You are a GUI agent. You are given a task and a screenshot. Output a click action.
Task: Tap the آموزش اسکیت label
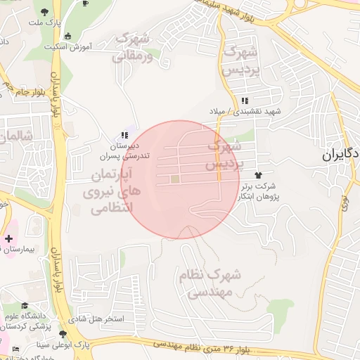[69, 47]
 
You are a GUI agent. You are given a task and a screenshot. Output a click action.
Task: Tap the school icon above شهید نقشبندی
[244, 101]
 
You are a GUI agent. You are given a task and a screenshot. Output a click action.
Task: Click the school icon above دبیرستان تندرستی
[125, 135]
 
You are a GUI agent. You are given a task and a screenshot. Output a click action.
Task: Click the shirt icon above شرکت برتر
[258, 174]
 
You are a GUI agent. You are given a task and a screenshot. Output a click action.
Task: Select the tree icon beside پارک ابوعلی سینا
[64, 335]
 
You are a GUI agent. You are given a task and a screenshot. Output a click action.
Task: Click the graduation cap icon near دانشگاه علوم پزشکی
[25, 306]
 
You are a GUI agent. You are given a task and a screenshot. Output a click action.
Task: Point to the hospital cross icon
[8, 239]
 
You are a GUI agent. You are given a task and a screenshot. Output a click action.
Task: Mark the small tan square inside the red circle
[174, 180]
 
